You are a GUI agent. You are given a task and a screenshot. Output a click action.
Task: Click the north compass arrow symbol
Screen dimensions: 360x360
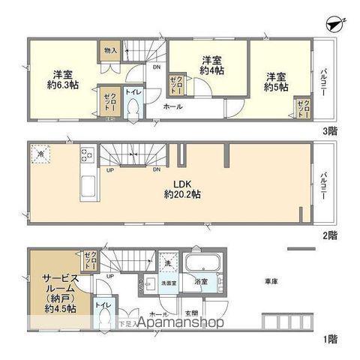click(334, 23)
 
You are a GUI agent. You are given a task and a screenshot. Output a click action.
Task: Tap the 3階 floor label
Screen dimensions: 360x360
click(329, 130)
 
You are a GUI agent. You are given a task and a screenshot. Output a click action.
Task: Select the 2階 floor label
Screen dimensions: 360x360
click(329, 235)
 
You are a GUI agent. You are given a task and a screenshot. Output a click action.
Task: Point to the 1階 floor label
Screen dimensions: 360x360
click(329, 339)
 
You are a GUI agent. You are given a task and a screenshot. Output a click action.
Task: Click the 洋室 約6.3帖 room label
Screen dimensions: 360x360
click(61, 79)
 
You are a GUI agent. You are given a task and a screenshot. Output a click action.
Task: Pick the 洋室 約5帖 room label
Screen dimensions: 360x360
click(275, 80)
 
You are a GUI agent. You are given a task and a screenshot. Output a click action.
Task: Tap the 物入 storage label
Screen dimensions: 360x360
click(108, 51)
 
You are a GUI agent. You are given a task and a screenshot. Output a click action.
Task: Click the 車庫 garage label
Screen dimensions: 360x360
click(271, 281)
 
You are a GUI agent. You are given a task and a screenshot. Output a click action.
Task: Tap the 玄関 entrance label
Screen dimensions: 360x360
click(190, 313)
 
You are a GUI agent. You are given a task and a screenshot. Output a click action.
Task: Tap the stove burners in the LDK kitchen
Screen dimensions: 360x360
click(86, 157)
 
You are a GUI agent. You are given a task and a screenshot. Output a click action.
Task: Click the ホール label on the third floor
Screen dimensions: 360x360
click(172, 107)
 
